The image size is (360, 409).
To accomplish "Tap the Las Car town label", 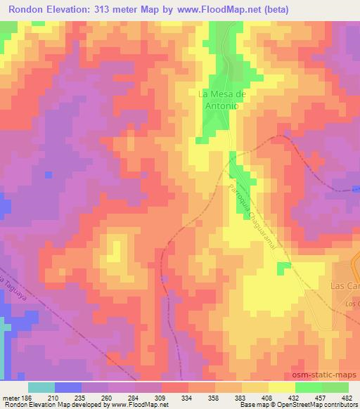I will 345,286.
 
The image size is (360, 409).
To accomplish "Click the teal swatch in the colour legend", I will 41,387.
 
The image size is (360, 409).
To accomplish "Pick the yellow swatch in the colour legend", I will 281,387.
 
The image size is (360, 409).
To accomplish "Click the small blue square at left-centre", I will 48,174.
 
